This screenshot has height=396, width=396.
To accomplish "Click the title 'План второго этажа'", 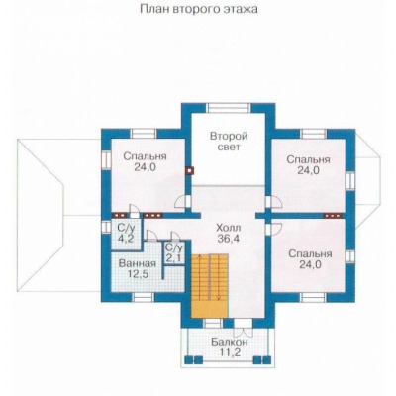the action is [x=199, y=9].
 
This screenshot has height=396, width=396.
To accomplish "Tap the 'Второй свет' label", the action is [x=229, y=141].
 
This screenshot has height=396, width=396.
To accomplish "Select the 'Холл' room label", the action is [x=229, y=228].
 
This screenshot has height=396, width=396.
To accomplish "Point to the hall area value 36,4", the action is [x=229, y=238].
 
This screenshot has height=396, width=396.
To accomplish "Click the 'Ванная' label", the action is [x=137, y=263].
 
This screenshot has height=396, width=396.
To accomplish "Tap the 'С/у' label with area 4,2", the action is [x=125, y=228].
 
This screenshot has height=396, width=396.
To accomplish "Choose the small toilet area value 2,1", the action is [x=174, y=257].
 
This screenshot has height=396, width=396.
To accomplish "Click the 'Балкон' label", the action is [x=230, y=342].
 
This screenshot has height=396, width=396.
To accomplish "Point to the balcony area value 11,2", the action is [x=230, y=352].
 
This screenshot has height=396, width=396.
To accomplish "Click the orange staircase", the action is [x=210, y=286].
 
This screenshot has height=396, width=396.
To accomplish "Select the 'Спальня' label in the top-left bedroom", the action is [x=145, y=156].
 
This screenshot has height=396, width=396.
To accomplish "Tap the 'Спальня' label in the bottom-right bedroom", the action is [x=310, y=254].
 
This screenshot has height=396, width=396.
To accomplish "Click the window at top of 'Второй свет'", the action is [x=229, y=108].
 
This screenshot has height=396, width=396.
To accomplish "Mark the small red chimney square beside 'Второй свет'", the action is [x=189, y=170].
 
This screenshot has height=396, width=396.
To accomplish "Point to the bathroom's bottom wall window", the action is [x=144, y=297].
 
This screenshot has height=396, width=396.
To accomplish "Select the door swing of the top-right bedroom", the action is [x=275, y=202].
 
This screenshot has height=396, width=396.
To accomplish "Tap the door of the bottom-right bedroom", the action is [x=274, y=229].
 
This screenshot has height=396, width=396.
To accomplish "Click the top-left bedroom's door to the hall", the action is [x=182, y=202].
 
